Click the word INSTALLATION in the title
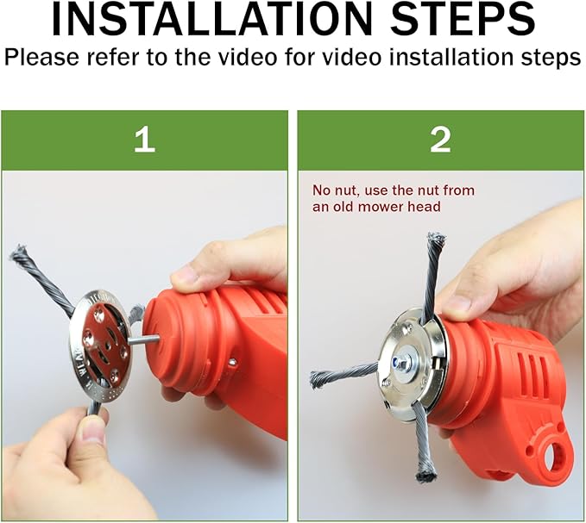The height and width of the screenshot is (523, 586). tap(212, 19)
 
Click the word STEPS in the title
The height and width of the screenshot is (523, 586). tap(463, 19)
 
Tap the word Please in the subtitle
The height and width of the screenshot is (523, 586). tap(41, 58)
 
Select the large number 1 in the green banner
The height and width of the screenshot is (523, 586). tap(144, 139)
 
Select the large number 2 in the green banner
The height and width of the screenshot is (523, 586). tap(440, 139)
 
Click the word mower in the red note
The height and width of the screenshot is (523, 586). tap(388, 206)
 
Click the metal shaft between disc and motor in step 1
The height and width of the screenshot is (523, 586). tap(144, 339)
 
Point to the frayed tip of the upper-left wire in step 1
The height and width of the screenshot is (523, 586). tap(19, 252)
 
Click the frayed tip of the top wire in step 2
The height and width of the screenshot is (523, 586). tap(437, 238)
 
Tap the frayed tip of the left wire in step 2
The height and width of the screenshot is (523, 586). tap(317, 379)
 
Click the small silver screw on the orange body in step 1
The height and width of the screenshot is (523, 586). tap(233, 361)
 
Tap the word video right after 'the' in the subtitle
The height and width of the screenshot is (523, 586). tap(246, 57)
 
